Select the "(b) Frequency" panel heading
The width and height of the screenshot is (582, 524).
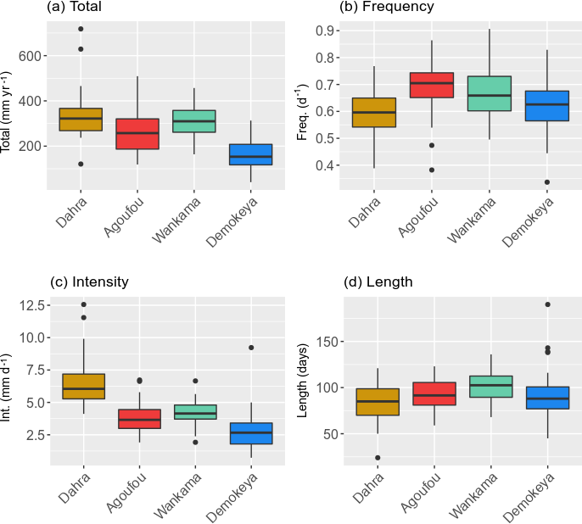[386, 8]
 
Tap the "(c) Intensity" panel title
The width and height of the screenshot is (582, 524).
[89, 282]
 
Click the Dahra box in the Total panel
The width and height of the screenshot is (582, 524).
[81, 120]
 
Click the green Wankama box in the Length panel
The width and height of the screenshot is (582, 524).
[490, 387]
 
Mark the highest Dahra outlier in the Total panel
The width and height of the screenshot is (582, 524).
[81, 29]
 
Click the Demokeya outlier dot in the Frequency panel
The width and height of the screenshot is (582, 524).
[547, 182]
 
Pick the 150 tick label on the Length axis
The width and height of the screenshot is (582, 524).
[326, 342]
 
